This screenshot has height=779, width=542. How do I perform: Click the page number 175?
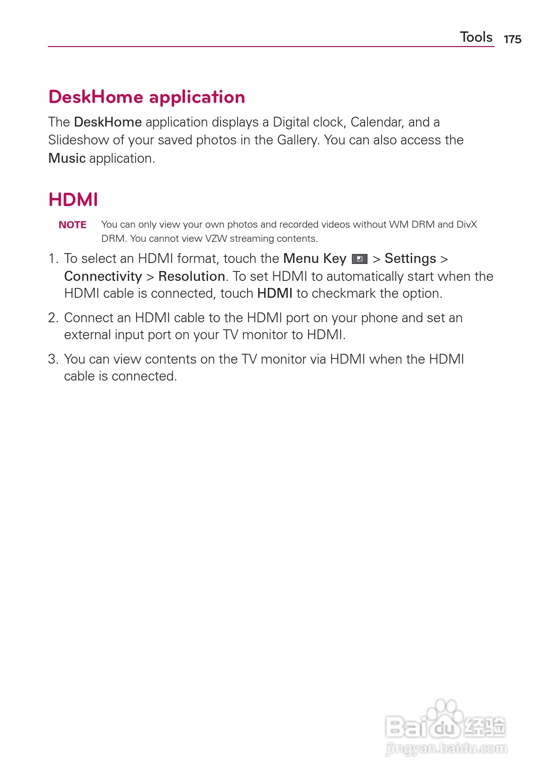coord(512,39)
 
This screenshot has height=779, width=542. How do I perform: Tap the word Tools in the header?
coord(476,37)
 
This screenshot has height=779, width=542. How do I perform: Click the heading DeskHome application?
coord(147,97)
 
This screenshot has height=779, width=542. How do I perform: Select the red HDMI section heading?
coord(73,199)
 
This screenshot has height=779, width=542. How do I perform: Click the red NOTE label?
coord(72,225)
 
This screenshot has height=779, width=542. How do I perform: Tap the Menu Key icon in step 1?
coord(359,259)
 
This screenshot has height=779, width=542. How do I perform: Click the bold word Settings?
coord(410,259)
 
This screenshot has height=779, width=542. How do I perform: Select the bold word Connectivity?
coord(103,276)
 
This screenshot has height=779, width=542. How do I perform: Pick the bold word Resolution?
coord(191,276)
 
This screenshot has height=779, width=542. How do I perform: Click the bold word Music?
coord(67,159)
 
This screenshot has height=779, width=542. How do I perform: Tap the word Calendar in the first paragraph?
coord(376,122)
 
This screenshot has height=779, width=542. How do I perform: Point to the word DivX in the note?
coord(467,224)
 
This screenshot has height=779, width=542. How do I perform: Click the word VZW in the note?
coord(216,238)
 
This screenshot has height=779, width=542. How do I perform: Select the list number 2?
coord(53,318)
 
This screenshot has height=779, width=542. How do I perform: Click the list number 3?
coord(53,359)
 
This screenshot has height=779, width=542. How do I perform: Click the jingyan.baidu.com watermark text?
coord(446,748)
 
